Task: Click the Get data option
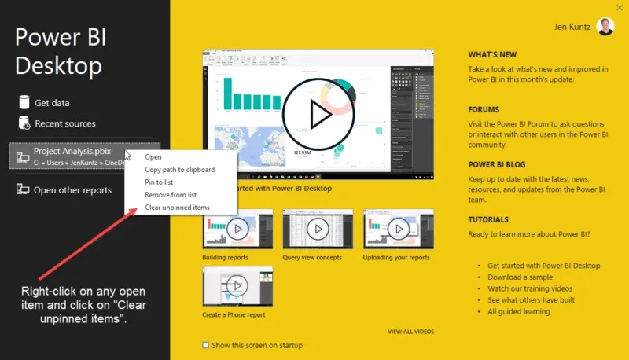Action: pyautogui.click(x=52, y=103)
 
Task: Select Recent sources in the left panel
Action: pyautogui.click(x=64, y=123)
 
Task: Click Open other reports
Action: pyautogui.click(x=72, y=190)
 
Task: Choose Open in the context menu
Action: pyautogui.click(x=153, y=157)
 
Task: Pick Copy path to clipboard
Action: pyautogui.click(x=179, y=170)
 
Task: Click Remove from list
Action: pyautogui.click(x=171, y=195)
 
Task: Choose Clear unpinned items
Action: pyautogui.click(x=177, y=208)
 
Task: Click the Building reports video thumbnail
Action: pyautogui.click(x=237, y=230)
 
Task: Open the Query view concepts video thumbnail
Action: pyautogui.click(x=318, y=230)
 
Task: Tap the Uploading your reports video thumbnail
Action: pyautogui.click(x=398, y=230)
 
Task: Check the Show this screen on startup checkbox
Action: pyautogui.click(x=206, y=345)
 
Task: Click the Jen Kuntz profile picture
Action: pyautogui.click(x=606, y=27)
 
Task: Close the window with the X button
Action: pyautogui.click(x=620, y=6)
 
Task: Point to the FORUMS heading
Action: pyautogui.click(x=484, y=110)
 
